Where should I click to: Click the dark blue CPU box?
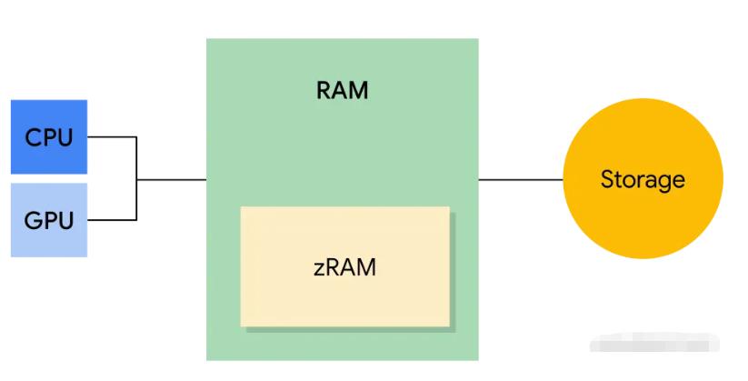(48, 136)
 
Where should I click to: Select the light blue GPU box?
(48, 219)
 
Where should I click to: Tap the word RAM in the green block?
(343, 91)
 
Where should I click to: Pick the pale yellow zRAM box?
(344, 266)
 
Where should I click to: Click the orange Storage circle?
(643, 179)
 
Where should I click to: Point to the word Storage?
(643, 179)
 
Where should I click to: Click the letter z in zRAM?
(318, 268)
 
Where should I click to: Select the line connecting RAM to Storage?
(520, 179)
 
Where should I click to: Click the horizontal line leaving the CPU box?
(111, 137)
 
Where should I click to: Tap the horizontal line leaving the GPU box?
(111, 219)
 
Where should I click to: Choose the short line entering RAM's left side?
(172, 179)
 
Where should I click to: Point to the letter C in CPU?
(32, 138)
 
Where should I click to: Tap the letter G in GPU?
(32, 221)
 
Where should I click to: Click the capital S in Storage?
(606, 179)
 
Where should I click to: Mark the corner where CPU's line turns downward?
(136, 137)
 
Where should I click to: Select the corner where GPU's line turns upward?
(136, 219)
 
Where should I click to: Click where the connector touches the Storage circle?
(563, 179)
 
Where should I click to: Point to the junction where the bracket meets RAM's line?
(136, 179)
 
